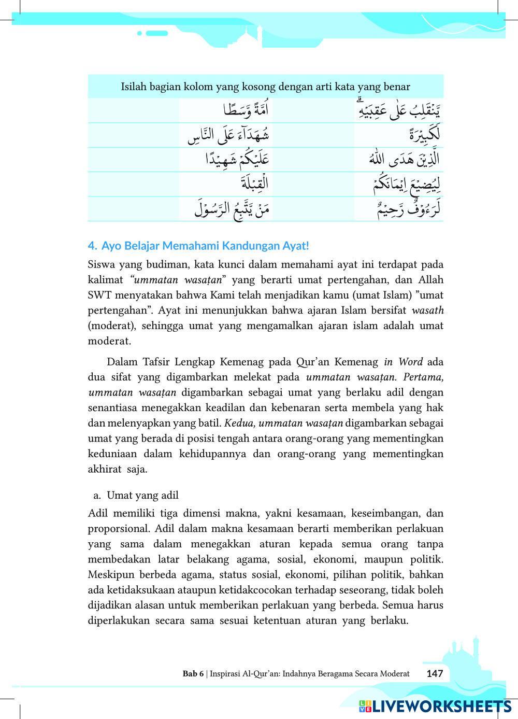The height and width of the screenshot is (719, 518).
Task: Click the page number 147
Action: [435, 673]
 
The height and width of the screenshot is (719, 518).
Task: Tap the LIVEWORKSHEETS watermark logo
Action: [435, 706]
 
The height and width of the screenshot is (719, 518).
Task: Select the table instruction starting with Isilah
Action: [265, 87]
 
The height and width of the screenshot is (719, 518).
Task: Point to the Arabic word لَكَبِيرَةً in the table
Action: [424, 135]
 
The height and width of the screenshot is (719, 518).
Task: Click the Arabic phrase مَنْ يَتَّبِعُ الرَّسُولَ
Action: [232, 209]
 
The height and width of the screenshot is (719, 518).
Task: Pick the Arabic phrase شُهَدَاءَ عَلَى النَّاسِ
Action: [228, 135]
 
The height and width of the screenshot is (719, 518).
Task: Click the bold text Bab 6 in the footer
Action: [193, 674]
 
